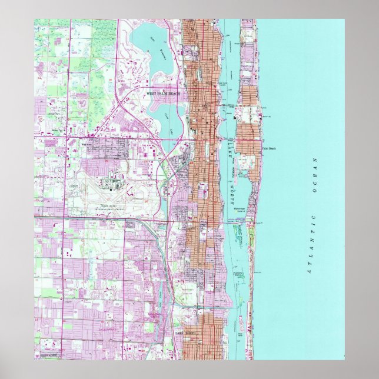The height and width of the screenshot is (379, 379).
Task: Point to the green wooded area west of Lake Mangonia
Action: pyautogui.click(x=100, y=35)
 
